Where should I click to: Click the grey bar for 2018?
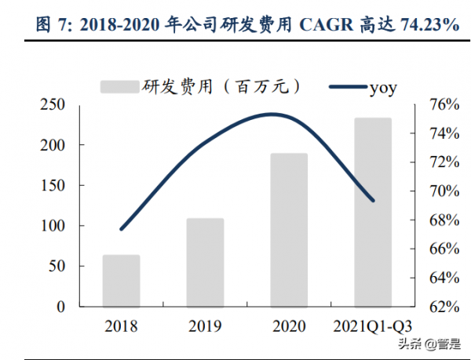click(x=121, y=280)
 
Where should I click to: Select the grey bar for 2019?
click(x=205, y=262)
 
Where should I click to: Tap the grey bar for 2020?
click(x=289, y=230)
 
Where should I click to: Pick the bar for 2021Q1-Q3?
click(x=372, y=212)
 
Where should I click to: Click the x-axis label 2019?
click(x=205, y=325)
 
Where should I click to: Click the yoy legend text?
click(x=382, y=87)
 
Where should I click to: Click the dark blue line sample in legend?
click(x=339, y=87)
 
